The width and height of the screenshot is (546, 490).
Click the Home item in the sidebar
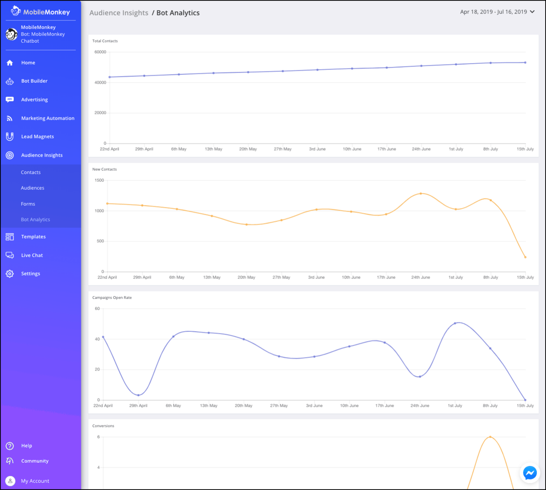28,62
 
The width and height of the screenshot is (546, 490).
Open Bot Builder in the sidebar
34,81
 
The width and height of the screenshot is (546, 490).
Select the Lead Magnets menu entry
37,136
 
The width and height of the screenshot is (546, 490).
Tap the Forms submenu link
28,204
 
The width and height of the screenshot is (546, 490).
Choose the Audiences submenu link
33,188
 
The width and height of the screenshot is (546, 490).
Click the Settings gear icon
10,273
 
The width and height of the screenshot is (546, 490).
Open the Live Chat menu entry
32,255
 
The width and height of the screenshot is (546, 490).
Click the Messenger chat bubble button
530,473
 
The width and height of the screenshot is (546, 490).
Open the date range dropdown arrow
532,12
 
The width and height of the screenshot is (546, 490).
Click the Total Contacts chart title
105,41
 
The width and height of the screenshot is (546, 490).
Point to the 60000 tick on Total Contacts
100,52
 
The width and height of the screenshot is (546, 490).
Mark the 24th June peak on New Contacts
421,193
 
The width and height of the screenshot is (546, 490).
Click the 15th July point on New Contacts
525,257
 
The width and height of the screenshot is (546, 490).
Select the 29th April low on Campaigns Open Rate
138,395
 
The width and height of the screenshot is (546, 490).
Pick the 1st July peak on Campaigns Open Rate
455,323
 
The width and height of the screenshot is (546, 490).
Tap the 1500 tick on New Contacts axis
99,180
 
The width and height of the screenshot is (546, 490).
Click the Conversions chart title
103,426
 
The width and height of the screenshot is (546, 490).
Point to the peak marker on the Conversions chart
490,437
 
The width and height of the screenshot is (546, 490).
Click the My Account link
35,481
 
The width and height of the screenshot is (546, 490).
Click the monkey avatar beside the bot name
11,34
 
